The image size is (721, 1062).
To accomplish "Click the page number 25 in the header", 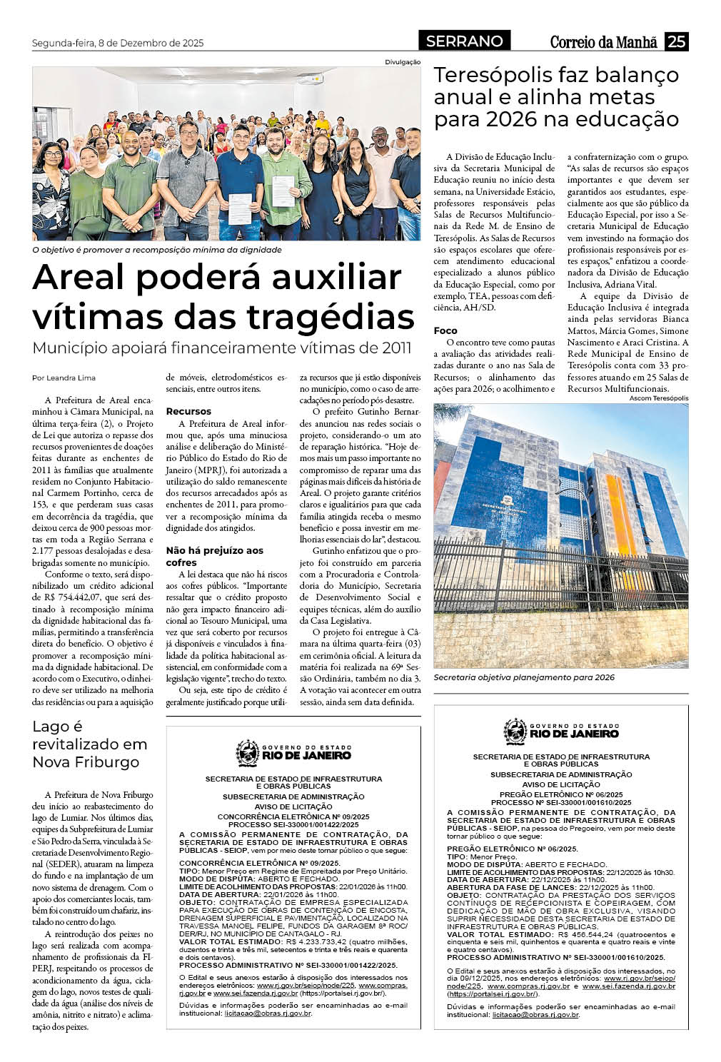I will pos(676,41).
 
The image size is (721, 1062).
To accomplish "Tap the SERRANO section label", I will pos(464,41).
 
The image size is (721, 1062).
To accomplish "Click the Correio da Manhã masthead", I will pos(603,42).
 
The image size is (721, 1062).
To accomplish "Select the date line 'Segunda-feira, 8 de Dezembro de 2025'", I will pos(118,43).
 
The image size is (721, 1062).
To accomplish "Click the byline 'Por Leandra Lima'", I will pos(64,378).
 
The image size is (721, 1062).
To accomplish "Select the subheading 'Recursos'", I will pos(188,411).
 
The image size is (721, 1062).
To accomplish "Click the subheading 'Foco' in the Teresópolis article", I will pos(445,330).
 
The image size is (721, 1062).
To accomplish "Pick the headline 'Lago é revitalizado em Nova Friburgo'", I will pos(90,744).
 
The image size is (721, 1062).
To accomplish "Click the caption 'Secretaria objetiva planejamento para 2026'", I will pos(523,677).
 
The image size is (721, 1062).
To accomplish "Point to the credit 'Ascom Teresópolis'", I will pos(659,398).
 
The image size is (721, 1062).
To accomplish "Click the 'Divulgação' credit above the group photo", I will pos(403,62).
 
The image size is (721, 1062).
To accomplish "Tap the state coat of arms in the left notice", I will pos(248,752).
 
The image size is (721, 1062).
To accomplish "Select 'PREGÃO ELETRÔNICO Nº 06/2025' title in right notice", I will pos(561,794).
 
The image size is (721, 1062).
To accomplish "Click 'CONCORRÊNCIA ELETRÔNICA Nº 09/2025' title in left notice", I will pos(293,816).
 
